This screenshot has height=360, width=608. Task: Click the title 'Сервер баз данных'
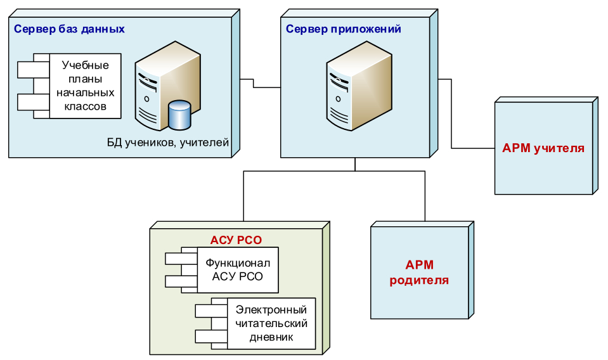coord(69,29)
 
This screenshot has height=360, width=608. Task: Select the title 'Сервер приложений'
coord(343,29)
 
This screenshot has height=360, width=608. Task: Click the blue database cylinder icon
coord(179,114)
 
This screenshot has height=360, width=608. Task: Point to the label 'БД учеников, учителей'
coord(167,142)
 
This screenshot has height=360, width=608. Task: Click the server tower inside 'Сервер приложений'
coord(354,91)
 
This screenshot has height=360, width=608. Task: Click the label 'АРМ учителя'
coord(543,149)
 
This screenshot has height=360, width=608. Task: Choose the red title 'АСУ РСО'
coord(236,240)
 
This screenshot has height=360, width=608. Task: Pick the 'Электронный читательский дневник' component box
coord(271,323)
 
